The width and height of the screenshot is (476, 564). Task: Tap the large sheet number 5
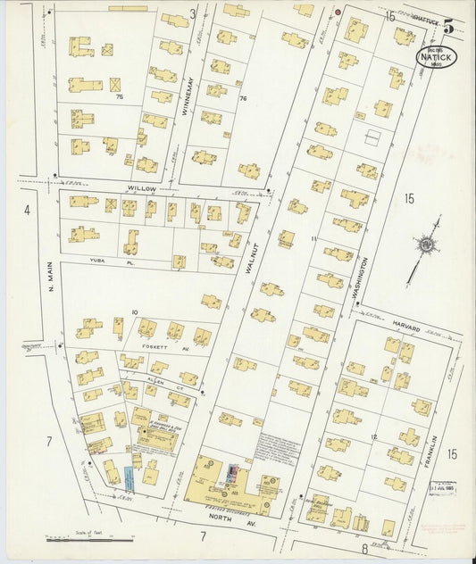[x=447, y=27]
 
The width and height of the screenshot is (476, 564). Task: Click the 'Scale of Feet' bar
[x=89, y=537]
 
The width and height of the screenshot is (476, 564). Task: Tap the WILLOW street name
[x=141, y=189]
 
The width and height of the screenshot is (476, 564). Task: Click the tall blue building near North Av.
[x=130, y=478]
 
